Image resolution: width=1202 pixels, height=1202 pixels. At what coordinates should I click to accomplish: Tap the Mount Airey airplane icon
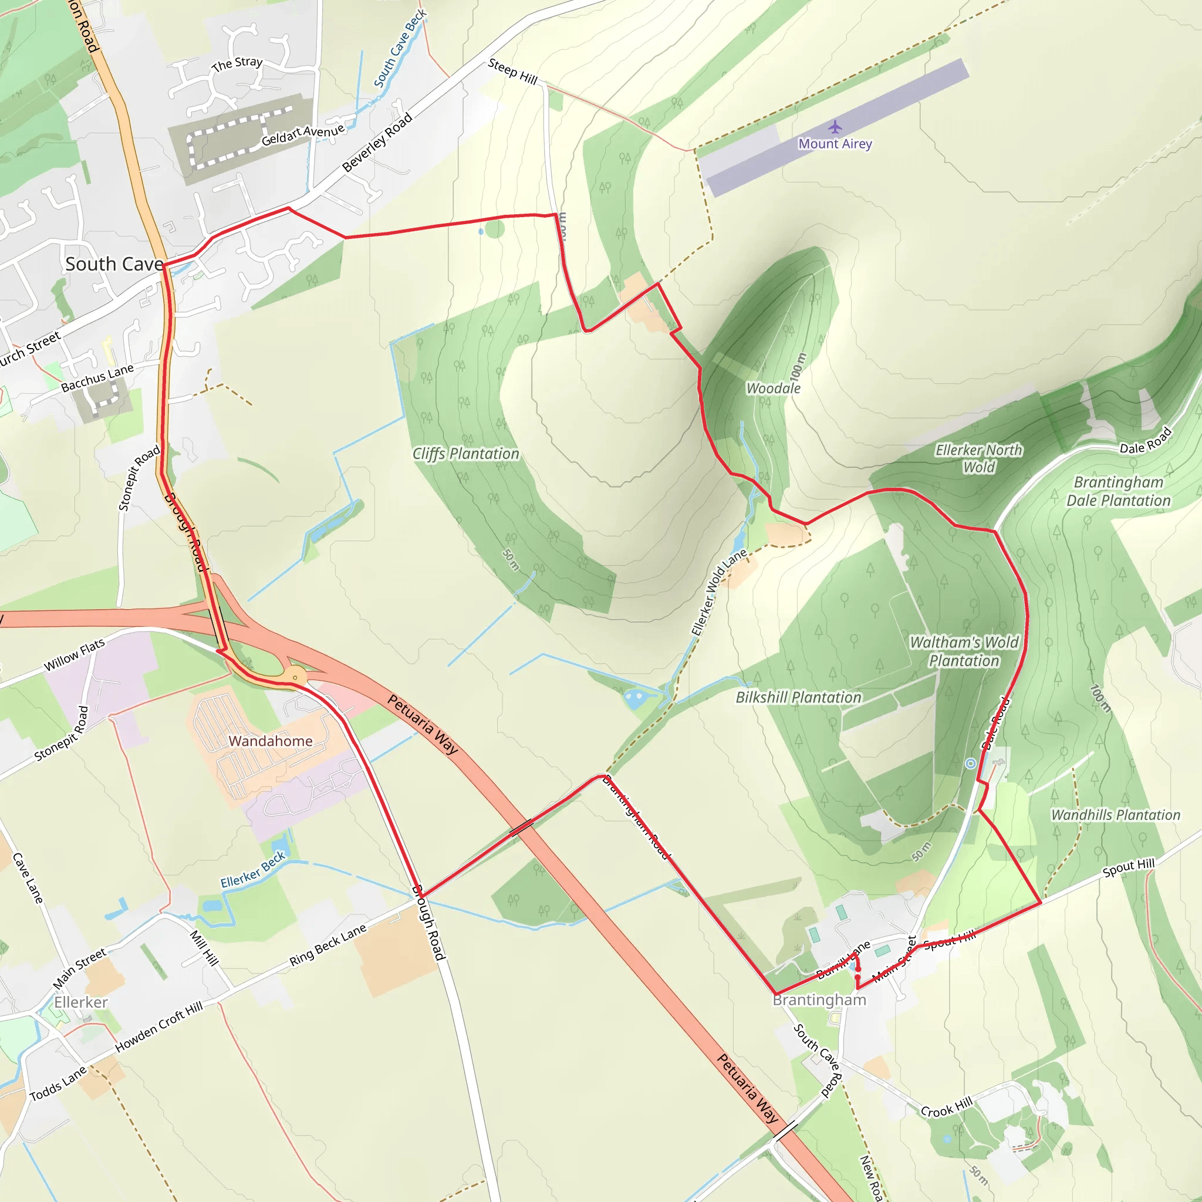tap(835, 127)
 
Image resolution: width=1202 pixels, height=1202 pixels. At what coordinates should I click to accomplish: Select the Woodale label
tap(774, 388)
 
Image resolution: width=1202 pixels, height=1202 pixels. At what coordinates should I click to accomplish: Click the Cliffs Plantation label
tap(465, 454)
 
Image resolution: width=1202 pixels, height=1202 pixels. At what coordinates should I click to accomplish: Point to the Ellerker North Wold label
tap(978, 458)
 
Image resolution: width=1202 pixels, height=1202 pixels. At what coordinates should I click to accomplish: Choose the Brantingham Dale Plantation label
tap(1118, 491)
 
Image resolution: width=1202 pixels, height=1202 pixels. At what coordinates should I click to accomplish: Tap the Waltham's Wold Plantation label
tap(964, 651)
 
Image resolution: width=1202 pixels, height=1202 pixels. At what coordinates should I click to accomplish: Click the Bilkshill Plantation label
tap(798, 697)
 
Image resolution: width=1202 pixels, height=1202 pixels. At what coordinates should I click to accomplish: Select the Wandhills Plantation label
tap(1115, 815)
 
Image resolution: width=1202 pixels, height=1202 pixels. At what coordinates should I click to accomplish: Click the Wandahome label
tap(271, 741)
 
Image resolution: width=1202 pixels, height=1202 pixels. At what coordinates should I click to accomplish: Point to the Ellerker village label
tap(81, 1002)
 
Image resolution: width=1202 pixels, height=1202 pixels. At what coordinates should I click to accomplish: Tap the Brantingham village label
tap(819, 1000)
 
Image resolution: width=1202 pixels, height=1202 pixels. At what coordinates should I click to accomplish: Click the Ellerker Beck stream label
tap(252, 869)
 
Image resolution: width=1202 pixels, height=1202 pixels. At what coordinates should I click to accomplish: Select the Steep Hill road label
tap(512, 71)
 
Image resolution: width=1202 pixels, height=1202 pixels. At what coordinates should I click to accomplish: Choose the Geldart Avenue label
tap(303, 134)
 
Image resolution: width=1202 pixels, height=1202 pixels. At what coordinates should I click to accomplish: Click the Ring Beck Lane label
tap(328, 946)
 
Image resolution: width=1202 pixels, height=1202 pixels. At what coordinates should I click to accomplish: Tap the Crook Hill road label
tap(946, 1107)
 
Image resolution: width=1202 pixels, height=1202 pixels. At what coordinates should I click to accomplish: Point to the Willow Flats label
tap(74, 656)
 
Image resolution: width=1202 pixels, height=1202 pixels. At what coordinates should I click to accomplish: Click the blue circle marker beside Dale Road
tap(971, 764)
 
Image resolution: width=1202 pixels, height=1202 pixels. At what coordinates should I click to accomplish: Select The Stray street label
tap(237, 63)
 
